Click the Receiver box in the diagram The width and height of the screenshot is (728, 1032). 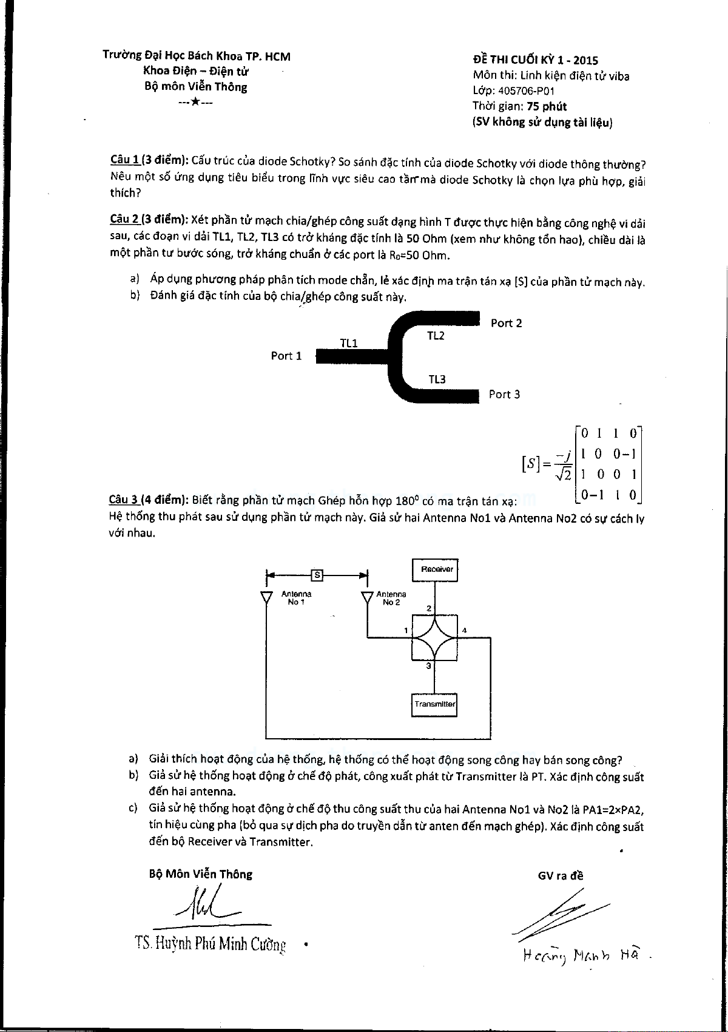pyautogui.click(x=434, y=569)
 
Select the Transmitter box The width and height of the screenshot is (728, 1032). pyautogui.click(x=434, y=704)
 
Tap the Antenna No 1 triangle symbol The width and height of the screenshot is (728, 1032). pyautogui.click(x=266, y=598)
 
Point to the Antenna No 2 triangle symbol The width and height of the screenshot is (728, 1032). pyautogui.click(x=366, y=598)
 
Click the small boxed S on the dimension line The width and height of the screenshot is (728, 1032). pyautogui.click(x=317, y=574)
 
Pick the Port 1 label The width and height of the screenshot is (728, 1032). pyautogui.click(x=286, y=356)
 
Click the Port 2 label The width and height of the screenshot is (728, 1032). pyautogui.click(x=506, y=323)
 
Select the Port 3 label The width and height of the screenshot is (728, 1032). pyautogui.click(x=504, y=395)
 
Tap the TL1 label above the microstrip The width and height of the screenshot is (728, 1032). pyautogui.click(x=348, y=344)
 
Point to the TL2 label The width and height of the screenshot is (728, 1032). pyautogui.click(x=436, y=336)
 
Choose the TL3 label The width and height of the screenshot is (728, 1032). pyautogui.click(x=437, y=379)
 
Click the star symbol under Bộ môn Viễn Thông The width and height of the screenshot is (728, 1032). pyautogui.click(x=195, y=102)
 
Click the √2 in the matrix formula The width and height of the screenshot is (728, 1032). pyautogui.click(x=564, y=477)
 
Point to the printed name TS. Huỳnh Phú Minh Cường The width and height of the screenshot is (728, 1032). pyautogui.click(x=211, y=944)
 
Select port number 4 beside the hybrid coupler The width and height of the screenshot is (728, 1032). pyautogui.click(x=464, y=630)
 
